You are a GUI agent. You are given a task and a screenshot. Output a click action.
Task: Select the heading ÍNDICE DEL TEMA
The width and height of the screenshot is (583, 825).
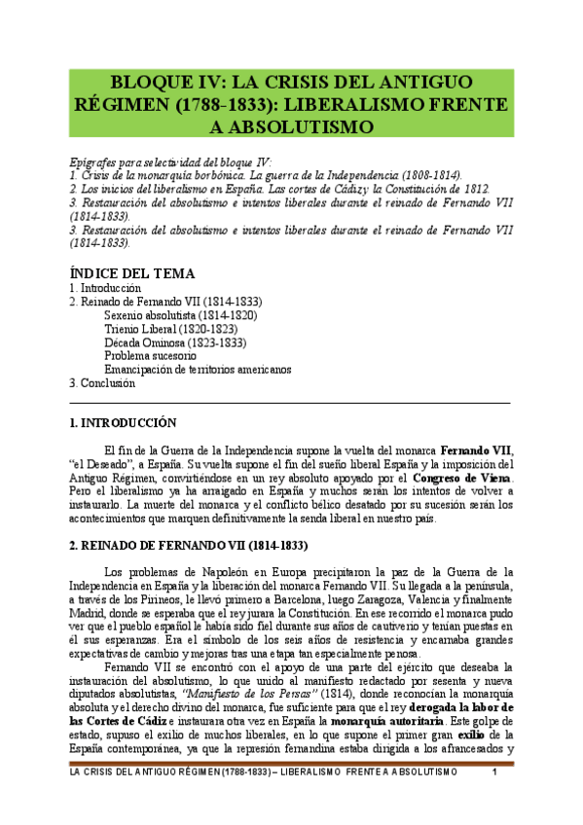(x=132, y=273)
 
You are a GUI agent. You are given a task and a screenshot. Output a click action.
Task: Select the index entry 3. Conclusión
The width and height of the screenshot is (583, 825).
(x=102, y=383)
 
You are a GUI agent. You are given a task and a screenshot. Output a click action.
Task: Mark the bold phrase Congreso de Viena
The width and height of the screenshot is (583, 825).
(x=461, y=480)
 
